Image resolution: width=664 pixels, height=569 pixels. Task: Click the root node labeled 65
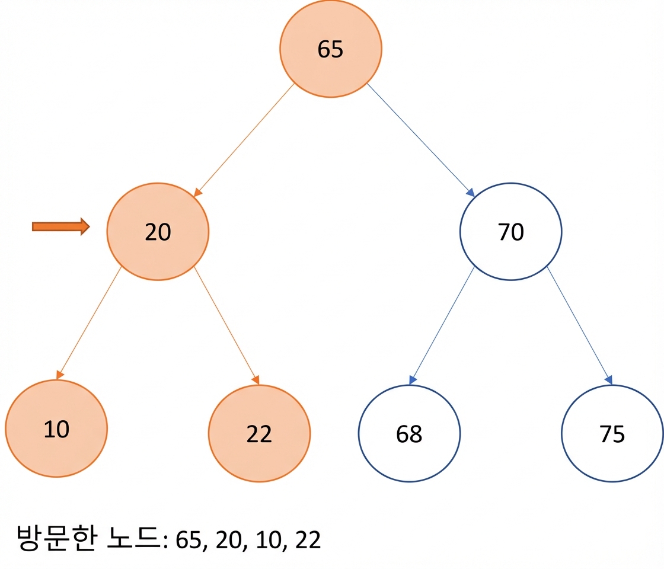[330, 49]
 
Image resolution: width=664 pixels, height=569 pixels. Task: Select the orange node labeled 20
[158, 232]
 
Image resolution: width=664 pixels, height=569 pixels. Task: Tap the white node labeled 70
[510, 232]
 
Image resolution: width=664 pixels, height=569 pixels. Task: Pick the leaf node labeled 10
[56, 429]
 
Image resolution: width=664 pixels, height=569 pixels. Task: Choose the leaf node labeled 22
[259, 433]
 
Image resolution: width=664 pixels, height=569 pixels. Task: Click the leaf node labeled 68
[409, 433]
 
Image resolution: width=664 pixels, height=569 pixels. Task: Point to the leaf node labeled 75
[612, 433]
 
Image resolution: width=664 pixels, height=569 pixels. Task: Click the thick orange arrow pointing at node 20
[61, 226]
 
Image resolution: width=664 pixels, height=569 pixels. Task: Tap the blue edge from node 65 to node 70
[420, 140]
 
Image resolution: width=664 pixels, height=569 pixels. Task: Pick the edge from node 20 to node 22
[226, 325]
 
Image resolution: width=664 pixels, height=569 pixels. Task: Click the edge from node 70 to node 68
[442, 325]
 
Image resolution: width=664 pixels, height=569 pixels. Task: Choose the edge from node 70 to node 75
[579, 325]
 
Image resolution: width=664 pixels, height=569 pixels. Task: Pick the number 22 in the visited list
[308, 540]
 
